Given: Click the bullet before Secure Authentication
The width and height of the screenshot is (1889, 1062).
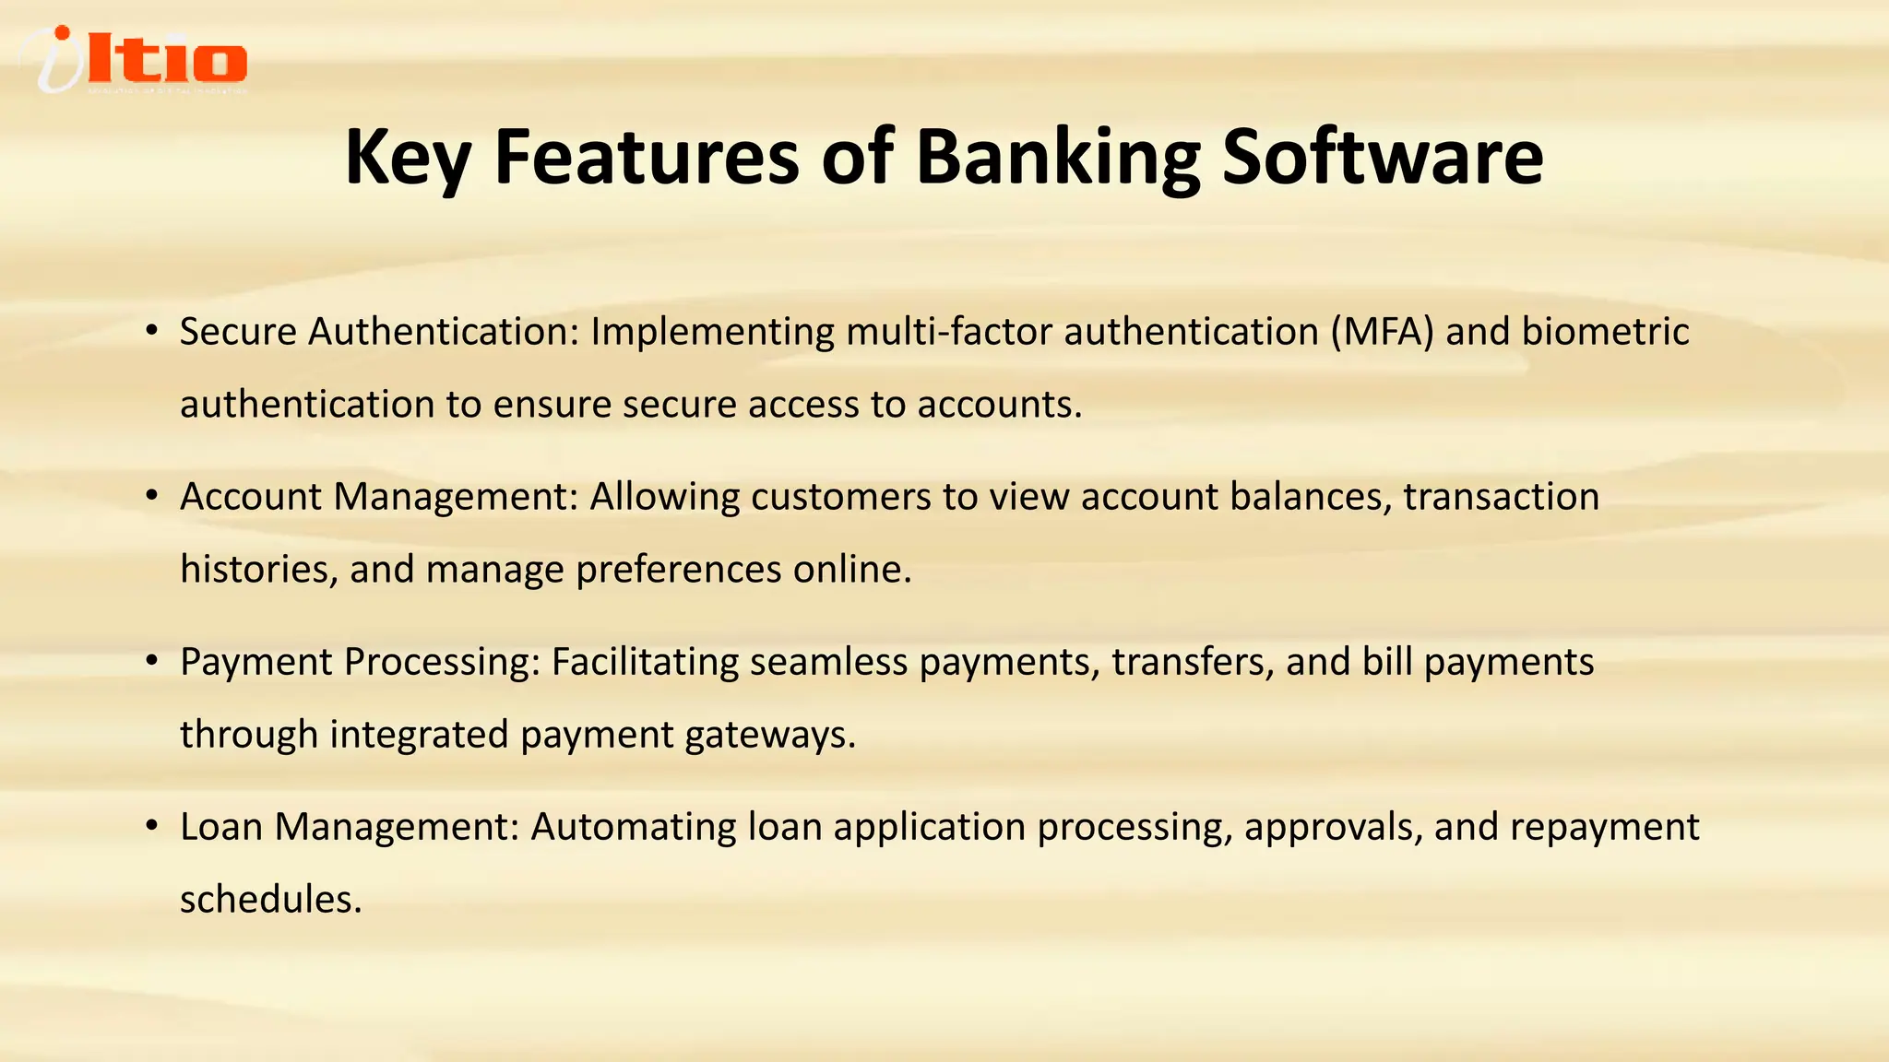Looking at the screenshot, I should pos(152,331).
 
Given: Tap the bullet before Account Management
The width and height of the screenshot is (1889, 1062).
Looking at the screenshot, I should pos(152,496).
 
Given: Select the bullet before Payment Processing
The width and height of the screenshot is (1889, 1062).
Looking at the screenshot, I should pos(152,661).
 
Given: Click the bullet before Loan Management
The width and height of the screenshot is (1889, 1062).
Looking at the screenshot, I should pos(152,826).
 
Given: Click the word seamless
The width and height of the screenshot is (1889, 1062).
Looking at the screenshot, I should pos(828,662).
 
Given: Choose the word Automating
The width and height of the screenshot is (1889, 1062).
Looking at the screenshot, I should pos(634,828).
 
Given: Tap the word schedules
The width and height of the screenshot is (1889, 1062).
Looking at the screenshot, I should pos(270,900).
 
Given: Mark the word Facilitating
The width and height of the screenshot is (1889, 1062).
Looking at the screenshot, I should pos(645,662).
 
